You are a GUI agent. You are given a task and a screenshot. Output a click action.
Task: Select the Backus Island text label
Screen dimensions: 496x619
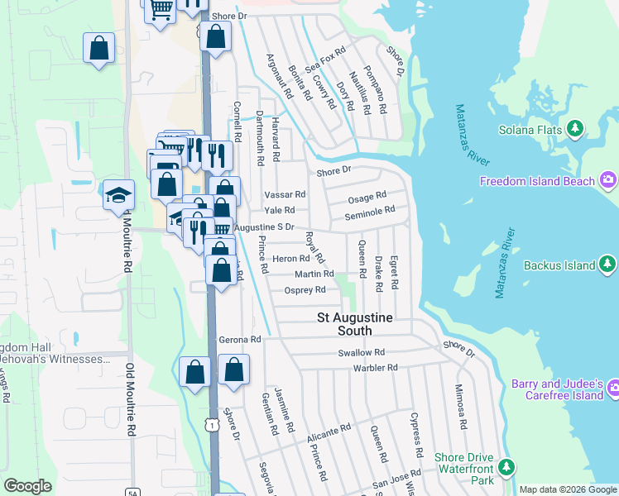pyautogui.click(x=559, y=265)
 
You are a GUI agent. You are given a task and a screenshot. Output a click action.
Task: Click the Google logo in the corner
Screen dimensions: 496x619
pyautogui.click(x=27, y=486)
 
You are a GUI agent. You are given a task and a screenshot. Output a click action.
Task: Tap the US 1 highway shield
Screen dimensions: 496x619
pyautogui.click(x=214, y=424)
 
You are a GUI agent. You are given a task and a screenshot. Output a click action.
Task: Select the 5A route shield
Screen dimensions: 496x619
pyautogui.click(x=132, y=493)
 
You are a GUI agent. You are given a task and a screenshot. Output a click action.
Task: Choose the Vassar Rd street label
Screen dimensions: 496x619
pyautogui.click(x=285, y=194)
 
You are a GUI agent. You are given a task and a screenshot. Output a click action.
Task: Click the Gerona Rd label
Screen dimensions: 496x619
pyautogui.click(x=240, y=339)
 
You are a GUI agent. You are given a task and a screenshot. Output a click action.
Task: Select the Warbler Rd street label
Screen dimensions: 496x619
pyautogui.click(x=376, y=367)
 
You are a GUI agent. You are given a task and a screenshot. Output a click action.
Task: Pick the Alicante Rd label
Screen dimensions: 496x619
pyautogui.click(x=328, y=432)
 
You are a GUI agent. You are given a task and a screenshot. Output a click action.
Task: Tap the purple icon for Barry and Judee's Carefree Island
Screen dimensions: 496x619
pyautogui.click(x=612, y=388)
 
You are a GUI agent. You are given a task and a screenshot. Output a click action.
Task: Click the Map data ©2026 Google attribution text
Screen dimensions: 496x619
pyautogui.click(x=567, y=489)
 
